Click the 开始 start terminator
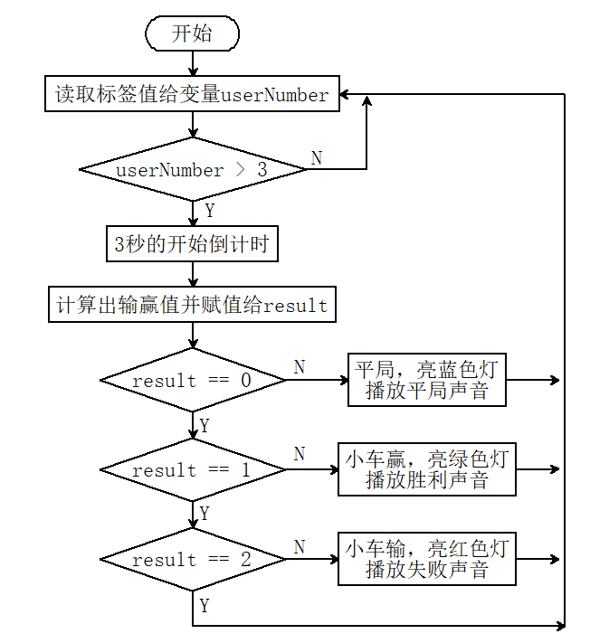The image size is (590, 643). click(x=192, y=33)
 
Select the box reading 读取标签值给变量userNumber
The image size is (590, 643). click(x=192, y=93)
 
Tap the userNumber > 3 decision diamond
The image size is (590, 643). click(x=193, y=169)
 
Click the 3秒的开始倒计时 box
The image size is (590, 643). click(x=192, y=243)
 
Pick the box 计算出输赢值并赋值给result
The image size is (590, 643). click(x=192, y=304)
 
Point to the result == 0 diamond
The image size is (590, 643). click(x=193, y=380)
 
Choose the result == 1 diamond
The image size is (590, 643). click(x=193, y=469)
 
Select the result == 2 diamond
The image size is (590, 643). click(x=193, y=559)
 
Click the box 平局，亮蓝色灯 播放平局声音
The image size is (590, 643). click(x=427, y=380)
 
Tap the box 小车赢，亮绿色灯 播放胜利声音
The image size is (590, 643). click(x=427, y=469)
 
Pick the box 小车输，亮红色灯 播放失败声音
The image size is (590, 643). click(x=427, y=559)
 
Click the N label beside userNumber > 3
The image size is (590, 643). click(x=317, y=158)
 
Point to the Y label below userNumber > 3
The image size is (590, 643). click(x=210, y=211)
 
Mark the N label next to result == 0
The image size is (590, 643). click(x=300, y=367)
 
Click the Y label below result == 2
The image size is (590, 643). click(x=205, y=606)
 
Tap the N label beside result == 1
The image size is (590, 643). click(x=300, y=454)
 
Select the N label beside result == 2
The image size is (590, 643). click(x=300, y=547)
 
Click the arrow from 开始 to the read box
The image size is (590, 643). click(x=193, y=63)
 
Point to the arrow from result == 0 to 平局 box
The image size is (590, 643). click(x=317, y=380)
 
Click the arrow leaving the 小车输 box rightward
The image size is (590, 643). click(x=538, y=559)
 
